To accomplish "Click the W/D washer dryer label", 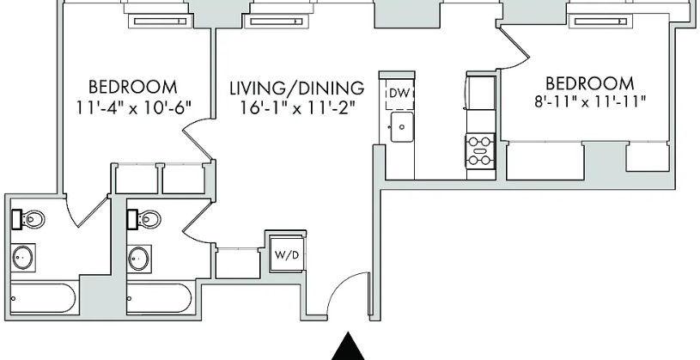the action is coord(286,255).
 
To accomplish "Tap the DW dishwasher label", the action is coord(399,94).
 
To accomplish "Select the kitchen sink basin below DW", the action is coord(402,127).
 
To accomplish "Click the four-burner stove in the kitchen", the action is coord(480,151).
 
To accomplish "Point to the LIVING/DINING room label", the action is coord(297,88).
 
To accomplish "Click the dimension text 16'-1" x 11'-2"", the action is coord(299,108).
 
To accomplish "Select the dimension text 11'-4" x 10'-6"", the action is coord(133,107).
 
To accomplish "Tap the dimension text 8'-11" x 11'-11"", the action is coord(590,102).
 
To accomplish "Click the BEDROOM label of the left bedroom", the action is coord(132,87).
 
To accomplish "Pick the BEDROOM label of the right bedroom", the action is coord(590,83).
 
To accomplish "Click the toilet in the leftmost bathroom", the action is coord(27,219).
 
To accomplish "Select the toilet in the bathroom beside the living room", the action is coord(143,219).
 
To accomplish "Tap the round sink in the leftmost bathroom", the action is coord(23,258).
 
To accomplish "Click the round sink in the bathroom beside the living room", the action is coord(139,258).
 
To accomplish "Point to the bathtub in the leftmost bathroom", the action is coord(43,298).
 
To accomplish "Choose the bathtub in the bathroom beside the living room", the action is coord(159,298).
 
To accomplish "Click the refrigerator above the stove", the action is coord(481,93).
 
